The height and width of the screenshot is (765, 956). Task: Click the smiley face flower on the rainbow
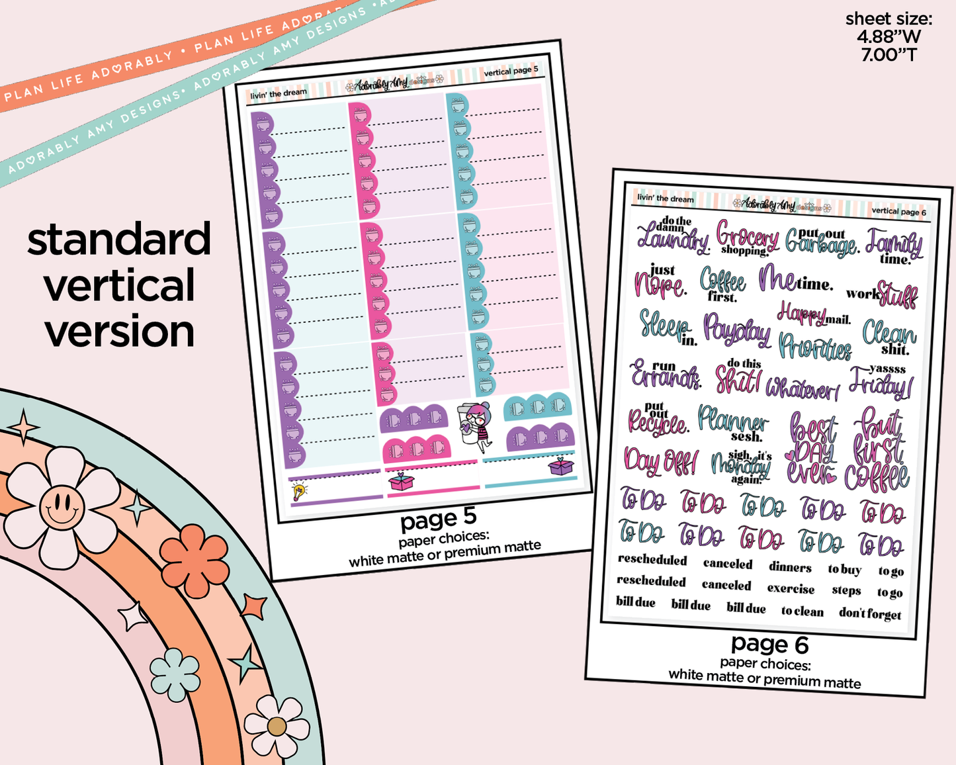pos(62,507)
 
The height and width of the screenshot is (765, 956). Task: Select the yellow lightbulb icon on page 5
pos(299,491)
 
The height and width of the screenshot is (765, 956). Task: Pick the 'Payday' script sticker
pos(736,329)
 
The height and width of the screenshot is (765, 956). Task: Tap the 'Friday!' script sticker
pos(880,381)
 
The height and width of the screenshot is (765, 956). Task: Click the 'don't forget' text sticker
pos(870,613)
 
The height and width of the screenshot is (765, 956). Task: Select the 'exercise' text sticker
pos(791,588)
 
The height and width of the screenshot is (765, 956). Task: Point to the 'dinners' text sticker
pos(790,567)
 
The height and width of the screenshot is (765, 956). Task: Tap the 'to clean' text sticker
pos(802,611)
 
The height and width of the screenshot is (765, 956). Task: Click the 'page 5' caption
pos(438,520)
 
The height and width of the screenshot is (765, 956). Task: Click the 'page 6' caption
pos(769,644)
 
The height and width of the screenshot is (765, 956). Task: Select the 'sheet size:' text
pos(889,19)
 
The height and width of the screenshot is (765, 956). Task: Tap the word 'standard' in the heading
pos(119,240)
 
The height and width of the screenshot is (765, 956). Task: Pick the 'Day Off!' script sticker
pos(660,460)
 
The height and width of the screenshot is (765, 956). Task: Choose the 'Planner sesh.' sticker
pos(733,424)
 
